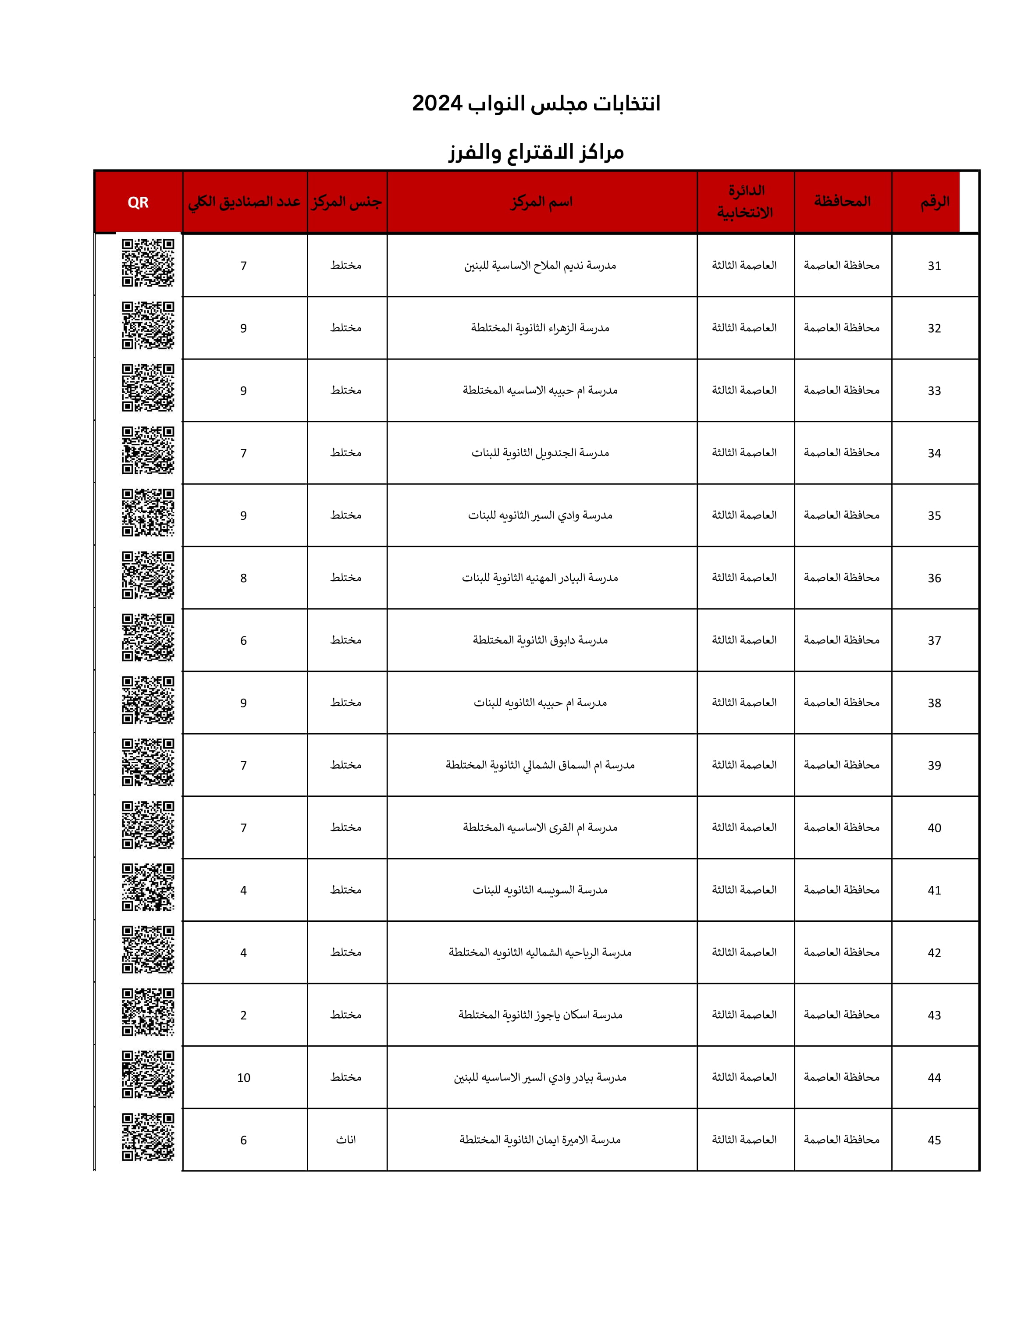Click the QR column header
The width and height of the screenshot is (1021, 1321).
click(138, 202)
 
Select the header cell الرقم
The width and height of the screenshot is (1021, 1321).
click(935, 202)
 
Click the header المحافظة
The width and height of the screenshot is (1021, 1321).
click(842, 202)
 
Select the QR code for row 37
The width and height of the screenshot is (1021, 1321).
click(148, 638)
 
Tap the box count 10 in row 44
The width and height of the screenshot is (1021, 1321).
click(244, 1078)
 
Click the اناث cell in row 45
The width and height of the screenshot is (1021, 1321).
click(346, 1140)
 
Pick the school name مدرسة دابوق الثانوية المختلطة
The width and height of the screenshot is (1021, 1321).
click(540, 640)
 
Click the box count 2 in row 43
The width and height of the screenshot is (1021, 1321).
click(244, 1016)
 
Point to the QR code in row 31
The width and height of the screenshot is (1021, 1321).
click(148, 263)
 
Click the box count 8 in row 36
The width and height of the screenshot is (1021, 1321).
click(244, 578)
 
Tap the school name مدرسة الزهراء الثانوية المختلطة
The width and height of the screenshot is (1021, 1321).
click(540, 328)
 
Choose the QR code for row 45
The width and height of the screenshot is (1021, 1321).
click(148, 1137)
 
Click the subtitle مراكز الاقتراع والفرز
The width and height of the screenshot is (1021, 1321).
click(536, 152)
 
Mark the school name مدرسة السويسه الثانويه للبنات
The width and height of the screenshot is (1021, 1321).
click(540, 890)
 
